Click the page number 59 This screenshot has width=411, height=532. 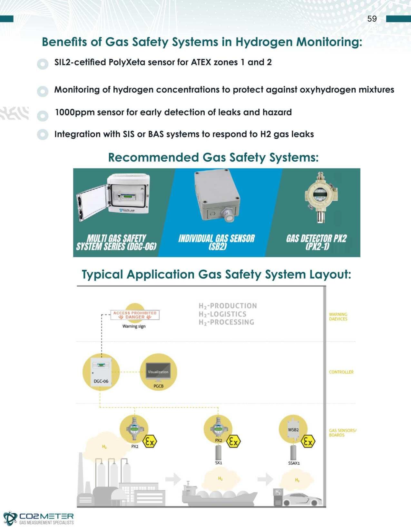[x=372, y=19]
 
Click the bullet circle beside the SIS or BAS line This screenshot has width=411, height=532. [x=43, y=134]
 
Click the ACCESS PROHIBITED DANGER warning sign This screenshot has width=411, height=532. [x=135, y=315]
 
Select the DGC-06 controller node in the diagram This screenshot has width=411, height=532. [x=101, y=372]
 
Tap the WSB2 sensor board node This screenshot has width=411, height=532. [x=293, y=429]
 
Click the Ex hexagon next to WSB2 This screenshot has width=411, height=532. [x=308, y=442]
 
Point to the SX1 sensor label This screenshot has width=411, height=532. [x=219, y=463]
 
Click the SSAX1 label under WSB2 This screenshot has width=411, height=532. [x=294, y=463]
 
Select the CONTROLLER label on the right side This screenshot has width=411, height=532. [x=341, y=372]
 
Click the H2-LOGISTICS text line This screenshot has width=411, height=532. [x=222, y=314]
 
